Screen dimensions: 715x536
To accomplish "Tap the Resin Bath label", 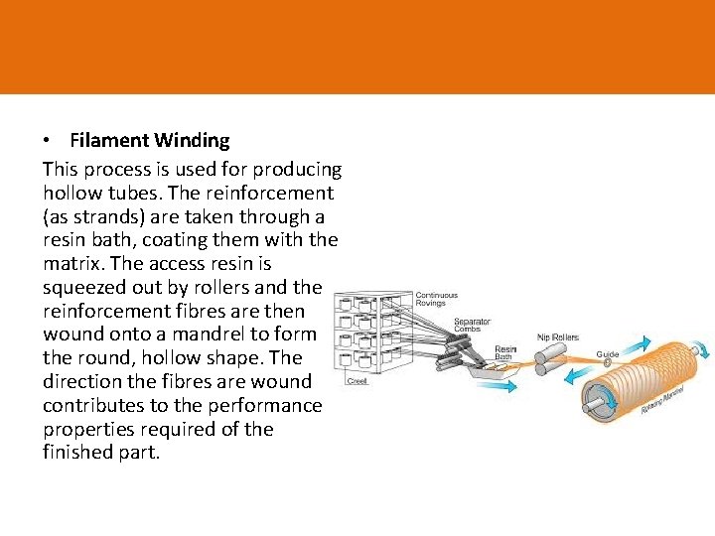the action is (505, 353).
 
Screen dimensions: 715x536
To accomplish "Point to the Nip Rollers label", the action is (557, 335).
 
